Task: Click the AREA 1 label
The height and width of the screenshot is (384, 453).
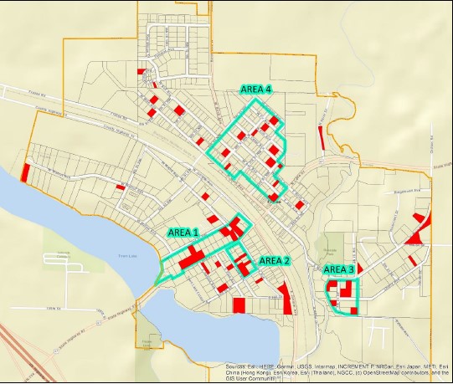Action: click(x=183, y=233)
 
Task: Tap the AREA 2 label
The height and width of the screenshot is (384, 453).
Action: click(x=274, y=260)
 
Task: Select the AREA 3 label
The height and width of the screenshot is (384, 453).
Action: click(x=339, y=269)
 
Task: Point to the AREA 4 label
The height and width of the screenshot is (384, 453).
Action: click(x=256, y=90)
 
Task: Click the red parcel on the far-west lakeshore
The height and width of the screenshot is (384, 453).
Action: click(x=24, y=171)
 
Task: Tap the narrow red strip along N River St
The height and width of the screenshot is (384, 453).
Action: click(x=322, y=135)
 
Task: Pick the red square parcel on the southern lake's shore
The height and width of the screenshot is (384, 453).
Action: click(x=239, y=305)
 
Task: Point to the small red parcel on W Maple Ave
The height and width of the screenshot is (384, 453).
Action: click(x=121, y=187)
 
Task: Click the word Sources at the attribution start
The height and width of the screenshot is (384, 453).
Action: click(x=236, y=366)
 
